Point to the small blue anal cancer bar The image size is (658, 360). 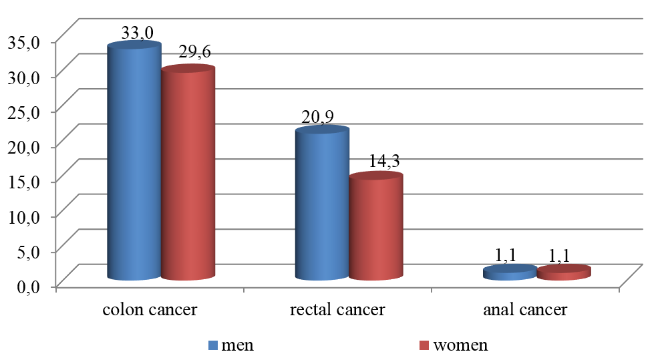click(x=509, y=273)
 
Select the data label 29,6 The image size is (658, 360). click(x=194, y=53)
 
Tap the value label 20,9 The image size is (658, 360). click(x=318, y=118)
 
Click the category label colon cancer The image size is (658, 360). click(x=149, y=311)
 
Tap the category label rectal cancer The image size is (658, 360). click(x=337, y=311)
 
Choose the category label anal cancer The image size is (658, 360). click(x=524, y=311)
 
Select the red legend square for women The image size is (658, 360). click(x=424, y=345)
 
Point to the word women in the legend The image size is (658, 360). click(x=460, y=345)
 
